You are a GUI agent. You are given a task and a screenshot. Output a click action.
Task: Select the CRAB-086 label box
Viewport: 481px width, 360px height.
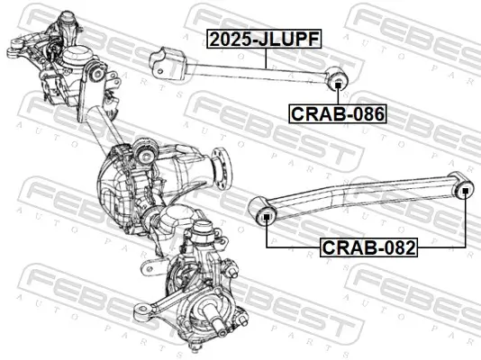(x=337, y=113)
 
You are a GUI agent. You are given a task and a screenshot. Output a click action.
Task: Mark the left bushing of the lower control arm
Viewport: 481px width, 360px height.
(x=267, y=216)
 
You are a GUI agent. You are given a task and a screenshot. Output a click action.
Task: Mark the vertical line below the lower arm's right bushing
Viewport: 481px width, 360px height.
(x=466, y=220)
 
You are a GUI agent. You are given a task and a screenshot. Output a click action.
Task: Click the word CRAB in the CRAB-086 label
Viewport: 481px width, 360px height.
(x=316, y=113)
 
